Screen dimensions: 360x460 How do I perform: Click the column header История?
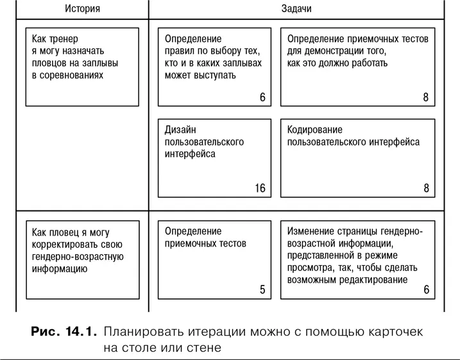[x=82, y=10]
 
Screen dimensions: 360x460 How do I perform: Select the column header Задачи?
[x=296, y=10]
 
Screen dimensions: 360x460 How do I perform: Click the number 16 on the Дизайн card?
[x=259, y=188]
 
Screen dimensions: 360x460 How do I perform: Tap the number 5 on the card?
[x=262, y=289]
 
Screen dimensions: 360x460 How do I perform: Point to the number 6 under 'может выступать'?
[x=262, y=98]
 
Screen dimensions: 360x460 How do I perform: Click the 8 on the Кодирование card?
[x=426, y=188]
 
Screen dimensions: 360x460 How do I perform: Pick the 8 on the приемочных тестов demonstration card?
[x=426, y=98]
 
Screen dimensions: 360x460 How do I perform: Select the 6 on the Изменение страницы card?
[x=426, y=289]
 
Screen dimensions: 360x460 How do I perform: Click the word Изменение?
[x=312, y=231]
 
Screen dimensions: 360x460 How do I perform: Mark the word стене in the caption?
[x=206, y=349]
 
